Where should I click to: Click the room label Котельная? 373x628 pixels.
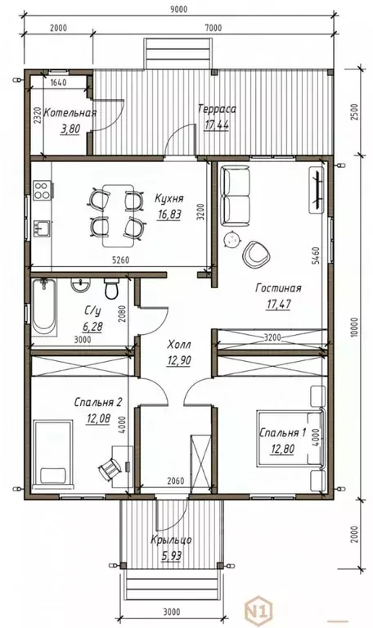(70, 112)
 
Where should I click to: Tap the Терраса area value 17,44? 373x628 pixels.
(217, 124)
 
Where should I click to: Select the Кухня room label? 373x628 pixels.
(169, 199)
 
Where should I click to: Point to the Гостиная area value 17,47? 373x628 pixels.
(278, 304)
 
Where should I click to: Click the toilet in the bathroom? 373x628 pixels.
(112, 288)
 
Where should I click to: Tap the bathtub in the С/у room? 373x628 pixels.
(44, 308)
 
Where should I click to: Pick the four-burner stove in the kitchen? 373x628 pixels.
(42, 190)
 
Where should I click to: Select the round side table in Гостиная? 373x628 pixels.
(231, 240)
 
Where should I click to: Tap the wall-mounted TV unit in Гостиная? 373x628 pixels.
(317, 189)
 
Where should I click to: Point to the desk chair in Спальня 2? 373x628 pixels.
(110, 468)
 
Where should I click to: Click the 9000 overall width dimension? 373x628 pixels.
(178, 10)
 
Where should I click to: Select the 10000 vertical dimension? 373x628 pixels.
(354, 328)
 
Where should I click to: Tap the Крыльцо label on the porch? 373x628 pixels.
(171, 540)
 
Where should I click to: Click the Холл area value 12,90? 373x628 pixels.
(178, 360)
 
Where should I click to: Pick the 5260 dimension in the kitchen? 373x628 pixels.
(120, 260)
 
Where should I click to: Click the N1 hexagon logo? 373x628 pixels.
(258, 611)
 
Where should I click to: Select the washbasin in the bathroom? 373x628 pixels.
(81, 286)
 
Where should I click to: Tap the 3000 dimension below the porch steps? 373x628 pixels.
(171, 612)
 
